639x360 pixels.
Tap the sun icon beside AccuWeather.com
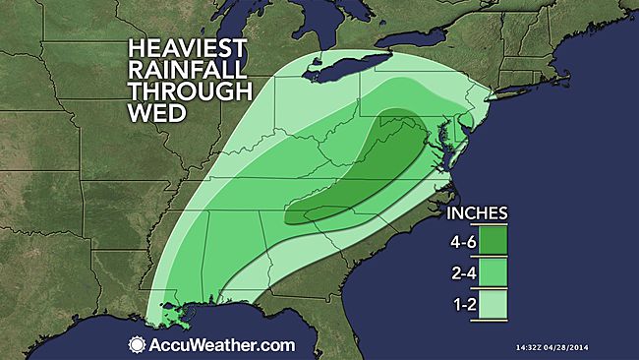[136, 344]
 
